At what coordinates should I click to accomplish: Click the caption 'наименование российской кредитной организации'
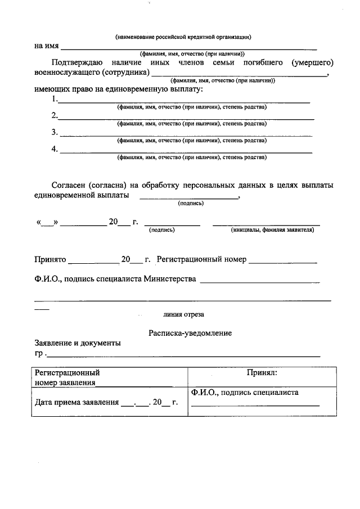183,37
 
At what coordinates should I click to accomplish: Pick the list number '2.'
55,116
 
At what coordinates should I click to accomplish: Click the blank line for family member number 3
186,136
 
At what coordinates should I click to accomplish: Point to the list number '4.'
55,149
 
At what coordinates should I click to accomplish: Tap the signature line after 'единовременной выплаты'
188,198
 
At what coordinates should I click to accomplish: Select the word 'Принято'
50,260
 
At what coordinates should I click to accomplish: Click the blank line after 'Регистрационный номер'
283,262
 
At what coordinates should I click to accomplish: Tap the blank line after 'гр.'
183,356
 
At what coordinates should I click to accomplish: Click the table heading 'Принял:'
262,372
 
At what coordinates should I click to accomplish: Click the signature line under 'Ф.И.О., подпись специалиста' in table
255,405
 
